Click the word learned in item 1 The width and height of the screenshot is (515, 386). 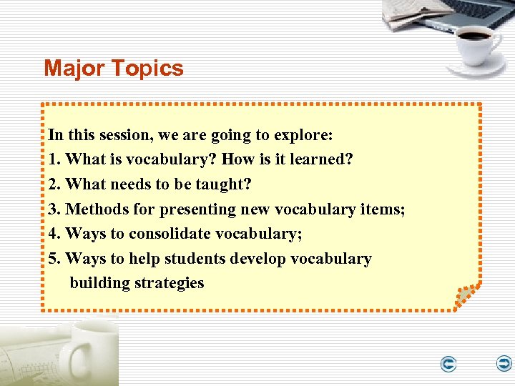pyautogui.click(x=321, y=159)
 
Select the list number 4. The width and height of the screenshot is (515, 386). pyautogui.click(x=54, y=234)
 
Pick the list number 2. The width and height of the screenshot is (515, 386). pyautogui.click(x=54, y=184)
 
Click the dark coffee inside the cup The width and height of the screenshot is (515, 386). pyautogui.click(x=475, y=34)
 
